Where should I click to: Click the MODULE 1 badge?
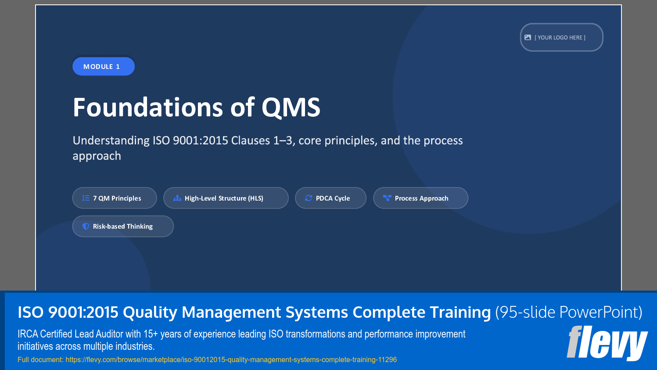click(103, 66)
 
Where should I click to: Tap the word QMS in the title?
click(291, 108)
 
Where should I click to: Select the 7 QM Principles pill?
click(115, 198)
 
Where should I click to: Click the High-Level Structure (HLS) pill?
click(226, 198)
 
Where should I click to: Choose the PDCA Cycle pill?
click(330, 198)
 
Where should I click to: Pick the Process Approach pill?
click(420, 198)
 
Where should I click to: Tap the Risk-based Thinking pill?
click(123, 226)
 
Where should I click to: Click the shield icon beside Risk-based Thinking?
click(86, 226)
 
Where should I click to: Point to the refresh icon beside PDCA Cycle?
click(309, 198)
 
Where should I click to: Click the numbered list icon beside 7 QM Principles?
click(86, 198)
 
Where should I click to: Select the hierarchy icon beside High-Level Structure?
click(177, 198)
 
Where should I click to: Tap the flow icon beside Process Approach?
click(387, 198)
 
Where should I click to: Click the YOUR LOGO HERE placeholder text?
click(560, 38)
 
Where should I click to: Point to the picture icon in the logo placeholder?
click(528, 37)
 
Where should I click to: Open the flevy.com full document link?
click(231, 359)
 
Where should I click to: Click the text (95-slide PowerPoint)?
click(568, 312)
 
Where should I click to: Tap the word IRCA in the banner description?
click(28, 334)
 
